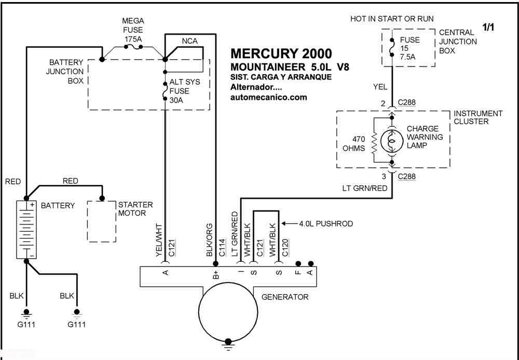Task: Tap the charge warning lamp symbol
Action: point(393,141)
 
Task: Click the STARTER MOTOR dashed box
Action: point(101,221)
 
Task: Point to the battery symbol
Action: point(26,229)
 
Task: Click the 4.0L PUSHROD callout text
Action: point(325,224)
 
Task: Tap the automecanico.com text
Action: point(268,97)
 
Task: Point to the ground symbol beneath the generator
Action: point(226,342)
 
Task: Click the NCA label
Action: point(190,41)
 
